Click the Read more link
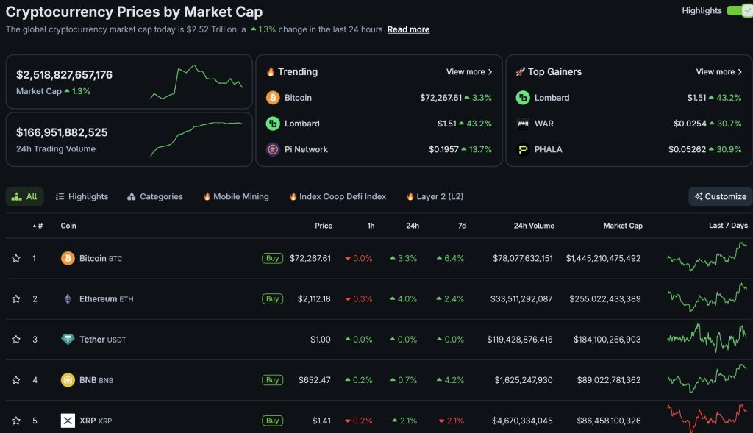408,29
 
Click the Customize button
720,196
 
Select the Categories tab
154,196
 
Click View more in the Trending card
468,72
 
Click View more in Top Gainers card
718,72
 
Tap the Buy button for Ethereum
273,299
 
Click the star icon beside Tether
16,340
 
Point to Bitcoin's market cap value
603,259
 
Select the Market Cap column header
623,226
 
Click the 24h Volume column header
534,226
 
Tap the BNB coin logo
68,380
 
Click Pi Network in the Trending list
306,149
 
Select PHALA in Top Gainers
548,149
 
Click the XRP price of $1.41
321,421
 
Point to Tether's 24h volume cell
520,340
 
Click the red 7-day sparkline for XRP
707,418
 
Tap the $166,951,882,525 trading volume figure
62,132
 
